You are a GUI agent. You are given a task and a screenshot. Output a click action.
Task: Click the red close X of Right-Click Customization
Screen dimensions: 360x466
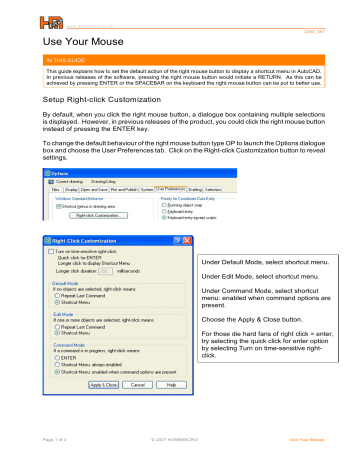[181, 242]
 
